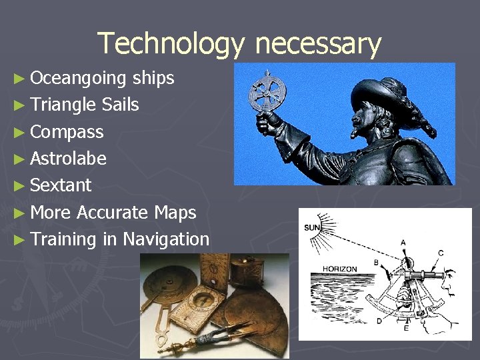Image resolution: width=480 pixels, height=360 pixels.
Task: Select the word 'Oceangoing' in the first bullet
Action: click(x=78, y=78)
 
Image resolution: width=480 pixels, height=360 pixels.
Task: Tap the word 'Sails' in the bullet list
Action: click(x=121, y=105)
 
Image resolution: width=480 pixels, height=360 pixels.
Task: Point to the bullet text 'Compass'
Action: click(x=67, y=132)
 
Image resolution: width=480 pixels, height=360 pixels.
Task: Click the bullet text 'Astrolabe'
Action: click(x=68, y=159)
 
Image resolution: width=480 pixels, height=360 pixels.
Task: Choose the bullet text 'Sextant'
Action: click(x=61, y=185)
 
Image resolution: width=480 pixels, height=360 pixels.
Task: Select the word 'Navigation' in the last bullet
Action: click(x=166, y=239)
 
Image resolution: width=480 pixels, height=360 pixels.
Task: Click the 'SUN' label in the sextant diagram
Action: click(x=313, y=228)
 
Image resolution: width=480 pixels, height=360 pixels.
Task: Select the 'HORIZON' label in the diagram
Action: click(x=340, y=269)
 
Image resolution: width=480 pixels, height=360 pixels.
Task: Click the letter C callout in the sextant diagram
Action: click(x=441, y=252)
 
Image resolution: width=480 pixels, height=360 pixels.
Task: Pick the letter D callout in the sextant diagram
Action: click(x=379, y=322)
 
